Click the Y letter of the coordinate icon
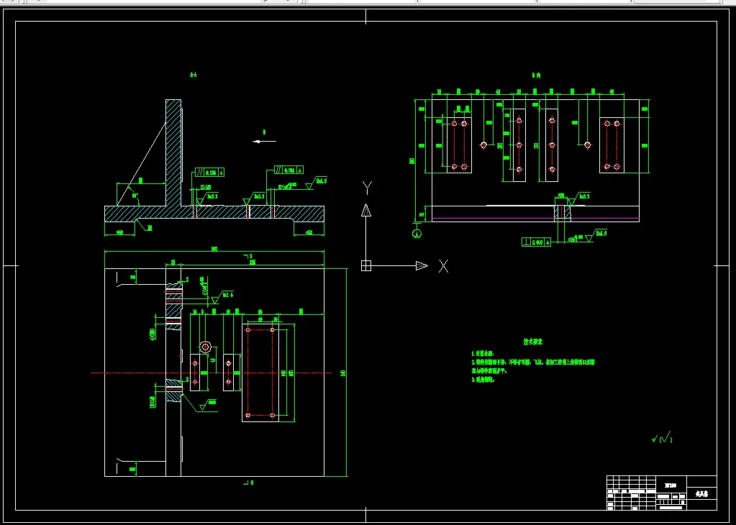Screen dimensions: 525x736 coord(367,188)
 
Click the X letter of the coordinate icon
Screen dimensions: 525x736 coord(443,266)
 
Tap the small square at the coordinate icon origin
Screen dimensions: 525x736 coord(365,266)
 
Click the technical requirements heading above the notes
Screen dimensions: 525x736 coord(532,342)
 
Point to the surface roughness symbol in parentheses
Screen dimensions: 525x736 coord(661,437)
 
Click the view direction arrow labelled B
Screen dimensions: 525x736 coord(264,141)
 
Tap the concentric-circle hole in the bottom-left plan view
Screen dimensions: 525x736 coord(205,347)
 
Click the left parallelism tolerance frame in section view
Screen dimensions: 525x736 coord(209,173)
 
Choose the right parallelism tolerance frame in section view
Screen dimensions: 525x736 coord(287,170)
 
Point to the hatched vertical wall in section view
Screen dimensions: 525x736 coord(173,151)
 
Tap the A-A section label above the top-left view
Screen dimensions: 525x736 coord(193,75)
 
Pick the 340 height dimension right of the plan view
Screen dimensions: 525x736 coord(343,373)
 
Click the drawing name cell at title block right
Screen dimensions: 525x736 coord(701,495)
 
